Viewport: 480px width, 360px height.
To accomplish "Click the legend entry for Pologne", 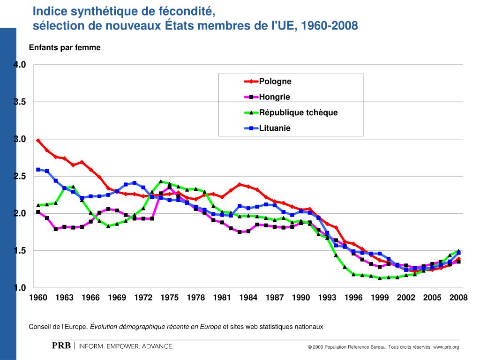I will tap(276, 82).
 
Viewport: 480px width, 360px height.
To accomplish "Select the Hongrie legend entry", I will tap(275, 97).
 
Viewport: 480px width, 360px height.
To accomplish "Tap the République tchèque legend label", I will tap(298, 112).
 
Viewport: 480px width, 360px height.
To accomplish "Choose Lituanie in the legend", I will tap(275, 128).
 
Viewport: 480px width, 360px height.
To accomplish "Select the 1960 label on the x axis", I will tap(38, 298).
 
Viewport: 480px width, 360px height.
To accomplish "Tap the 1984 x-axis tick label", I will tap(248, 298).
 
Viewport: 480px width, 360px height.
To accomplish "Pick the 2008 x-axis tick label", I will tap(458, 298).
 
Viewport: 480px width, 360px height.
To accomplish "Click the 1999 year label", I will tap(380, 298).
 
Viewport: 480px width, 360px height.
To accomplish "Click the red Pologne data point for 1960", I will tap(38, 140).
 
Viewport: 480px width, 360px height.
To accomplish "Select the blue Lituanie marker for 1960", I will tap(38, 170).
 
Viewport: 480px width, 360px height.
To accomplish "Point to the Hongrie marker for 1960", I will tap(38, 212).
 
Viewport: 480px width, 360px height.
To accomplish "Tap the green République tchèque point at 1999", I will tap(380, 278).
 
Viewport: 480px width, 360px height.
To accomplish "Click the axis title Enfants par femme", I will tap(65, 48).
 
